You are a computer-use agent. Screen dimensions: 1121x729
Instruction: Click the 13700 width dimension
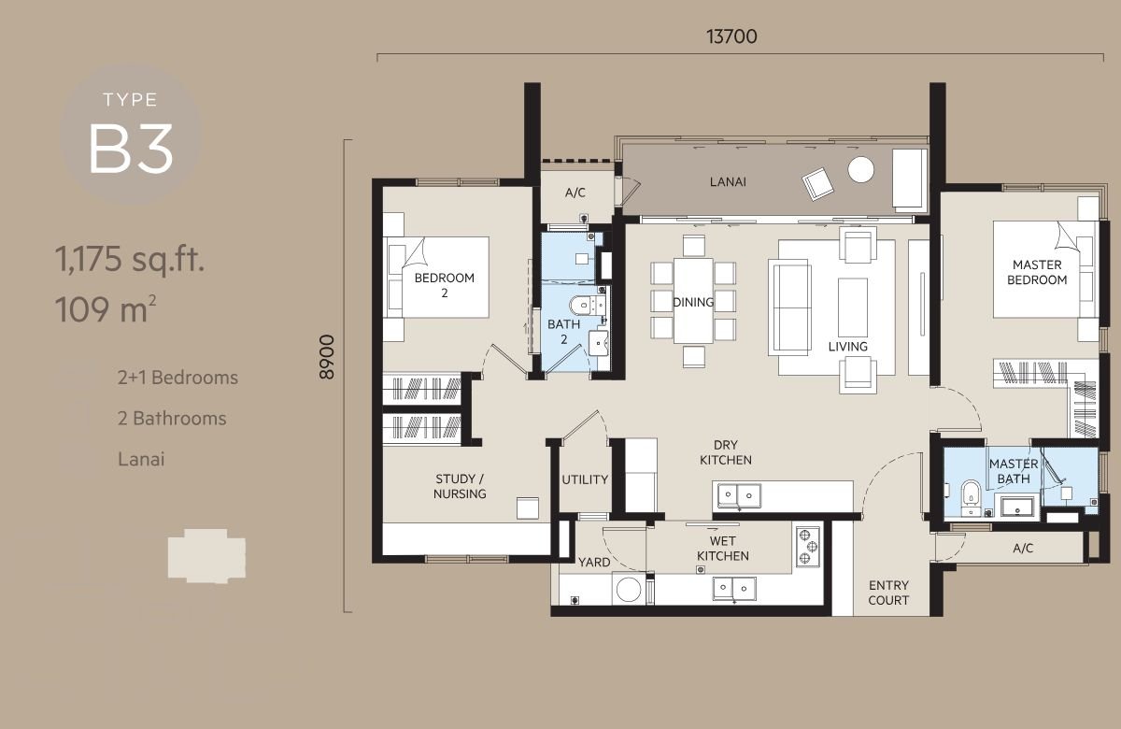[x=731, y=36]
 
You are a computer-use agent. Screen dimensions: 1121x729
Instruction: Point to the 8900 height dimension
[x=327, y=356]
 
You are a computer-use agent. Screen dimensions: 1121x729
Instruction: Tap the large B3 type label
[x=131, y=149]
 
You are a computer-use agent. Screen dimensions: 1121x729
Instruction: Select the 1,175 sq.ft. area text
[x=130, y=260]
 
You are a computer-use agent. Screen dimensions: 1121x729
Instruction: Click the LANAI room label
[x=728, y=181]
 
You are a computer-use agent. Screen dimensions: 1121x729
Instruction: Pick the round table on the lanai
[x=860, y=170]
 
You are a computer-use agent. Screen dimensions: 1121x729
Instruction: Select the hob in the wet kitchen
[x=808, y=548]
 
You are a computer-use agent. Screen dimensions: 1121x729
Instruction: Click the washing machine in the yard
[x=629, y=590]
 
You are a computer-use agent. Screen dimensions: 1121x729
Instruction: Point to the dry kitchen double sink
[x=739, y=495]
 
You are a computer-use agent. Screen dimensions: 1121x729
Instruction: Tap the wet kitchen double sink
[x=734, y=588]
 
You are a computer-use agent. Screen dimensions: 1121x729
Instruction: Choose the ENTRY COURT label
[x=888, y=593]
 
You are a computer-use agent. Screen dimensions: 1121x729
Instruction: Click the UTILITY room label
[x=585, y=479]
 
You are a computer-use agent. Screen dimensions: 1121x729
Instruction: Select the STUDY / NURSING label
[x=460, y=486]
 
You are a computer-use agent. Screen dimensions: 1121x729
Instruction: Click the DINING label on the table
[x=693, y=302]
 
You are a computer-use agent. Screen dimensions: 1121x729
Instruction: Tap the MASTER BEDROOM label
[x=1037, y=272]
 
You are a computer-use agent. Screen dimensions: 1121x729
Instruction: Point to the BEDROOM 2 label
[x=445, y=285]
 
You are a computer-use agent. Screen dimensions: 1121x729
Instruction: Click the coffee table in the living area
[x=853, y=307]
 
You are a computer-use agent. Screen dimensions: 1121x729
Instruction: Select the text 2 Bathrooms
[x=172, y=418]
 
